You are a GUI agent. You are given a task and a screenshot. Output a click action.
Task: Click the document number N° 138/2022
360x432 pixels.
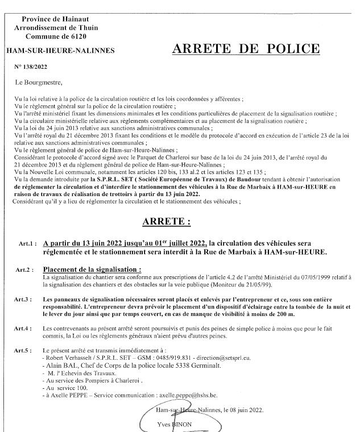click(30, 67)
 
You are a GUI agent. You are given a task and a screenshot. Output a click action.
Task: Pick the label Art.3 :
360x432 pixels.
click(28, 298)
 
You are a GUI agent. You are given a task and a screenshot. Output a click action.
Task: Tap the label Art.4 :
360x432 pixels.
click(28, 329)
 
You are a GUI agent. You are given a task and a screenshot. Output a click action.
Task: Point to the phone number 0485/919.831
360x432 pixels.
click(170, 359)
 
